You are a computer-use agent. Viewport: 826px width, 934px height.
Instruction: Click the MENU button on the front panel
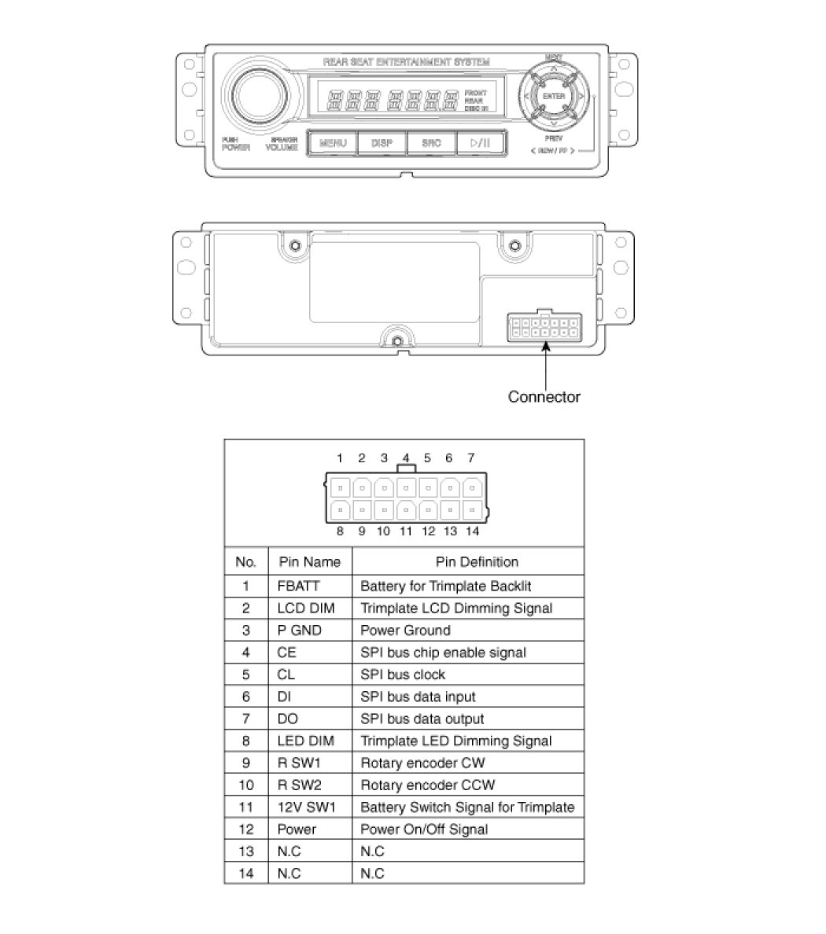(x=333, y=143)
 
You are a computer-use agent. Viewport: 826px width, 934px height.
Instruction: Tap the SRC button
(x=431, y=143)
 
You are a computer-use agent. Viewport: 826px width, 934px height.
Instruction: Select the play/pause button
(x=480, y=143)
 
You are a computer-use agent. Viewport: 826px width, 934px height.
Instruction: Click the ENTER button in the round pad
(x=554, y=96)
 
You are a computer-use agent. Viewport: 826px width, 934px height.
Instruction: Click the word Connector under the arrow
(x=544, y=397)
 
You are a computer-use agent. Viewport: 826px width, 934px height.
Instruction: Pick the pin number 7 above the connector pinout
(x=471, y=458)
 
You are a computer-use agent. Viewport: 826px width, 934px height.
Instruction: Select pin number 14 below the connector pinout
(x=472, y=531)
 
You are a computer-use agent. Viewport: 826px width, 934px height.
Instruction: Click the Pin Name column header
(x=309, y=562)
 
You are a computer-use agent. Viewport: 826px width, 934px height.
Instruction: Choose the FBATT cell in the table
(x=299, y=586)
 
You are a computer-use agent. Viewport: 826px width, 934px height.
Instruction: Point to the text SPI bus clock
(x=403, y=675)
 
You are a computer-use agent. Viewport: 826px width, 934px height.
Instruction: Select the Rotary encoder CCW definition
(x=427, y=785)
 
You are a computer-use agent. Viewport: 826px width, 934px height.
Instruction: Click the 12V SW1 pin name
(x=305, y=807)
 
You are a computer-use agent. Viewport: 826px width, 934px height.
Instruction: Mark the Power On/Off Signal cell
(x=424, y=829)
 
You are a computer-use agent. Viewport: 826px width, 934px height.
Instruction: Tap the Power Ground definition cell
(x=405, y=630)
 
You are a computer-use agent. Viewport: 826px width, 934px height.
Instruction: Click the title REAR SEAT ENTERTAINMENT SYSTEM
(x=406, y=61)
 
